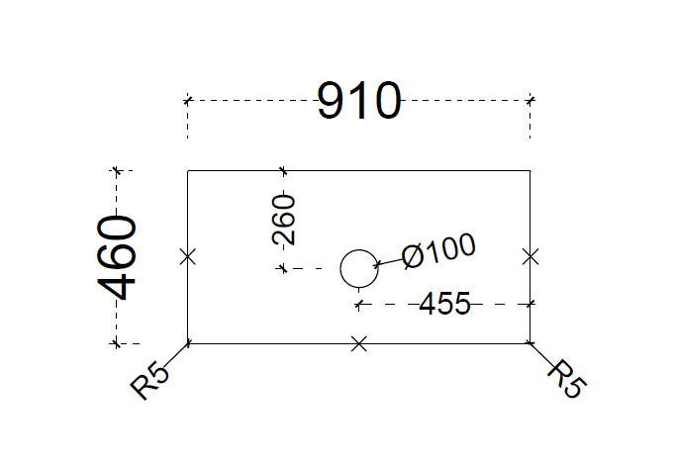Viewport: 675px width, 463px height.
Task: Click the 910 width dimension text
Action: coord(359,101)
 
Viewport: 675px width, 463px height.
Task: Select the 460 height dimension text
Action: coord(117,257)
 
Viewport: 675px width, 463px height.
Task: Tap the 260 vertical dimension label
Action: coord(284,220)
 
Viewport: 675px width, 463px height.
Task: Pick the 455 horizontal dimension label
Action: coord(444,304)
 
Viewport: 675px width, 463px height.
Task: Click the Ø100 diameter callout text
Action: coord(438,251)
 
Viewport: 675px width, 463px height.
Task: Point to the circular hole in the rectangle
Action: coord(359,250)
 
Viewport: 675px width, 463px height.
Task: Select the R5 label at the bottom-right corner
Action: coord(566,379)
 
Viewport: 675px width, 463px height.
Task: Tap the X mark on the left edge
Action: coord(188,257)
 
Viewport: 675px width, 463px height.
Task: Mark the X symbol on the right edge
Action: coord(530,257)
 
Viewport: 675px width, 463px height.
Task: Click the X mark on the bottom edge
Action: coord(359,344)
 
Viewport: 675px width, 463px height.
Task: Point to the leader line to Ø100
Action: coord(389,261)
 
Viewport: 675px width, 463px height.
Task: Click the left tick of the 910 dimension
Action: coord(187,101)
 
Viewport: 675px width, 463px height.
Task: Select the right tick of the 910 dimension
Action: coord(530,101)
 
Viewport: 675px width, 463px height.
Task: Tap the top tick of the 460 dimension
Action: coord(116,171)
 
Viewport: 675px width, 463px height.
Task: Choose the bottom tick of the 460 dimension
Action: coord(116,343)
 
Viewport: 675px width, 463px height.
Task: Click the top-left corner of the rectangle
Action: coord(188,171)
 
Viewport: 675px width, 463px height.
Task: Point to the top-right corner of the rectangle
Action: coord(530,171)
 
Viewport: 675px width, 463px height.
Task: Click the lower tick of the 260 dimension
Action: coord(283,268)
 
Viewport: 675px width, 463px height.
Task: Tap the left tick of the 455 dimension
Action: coord(359,305)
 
